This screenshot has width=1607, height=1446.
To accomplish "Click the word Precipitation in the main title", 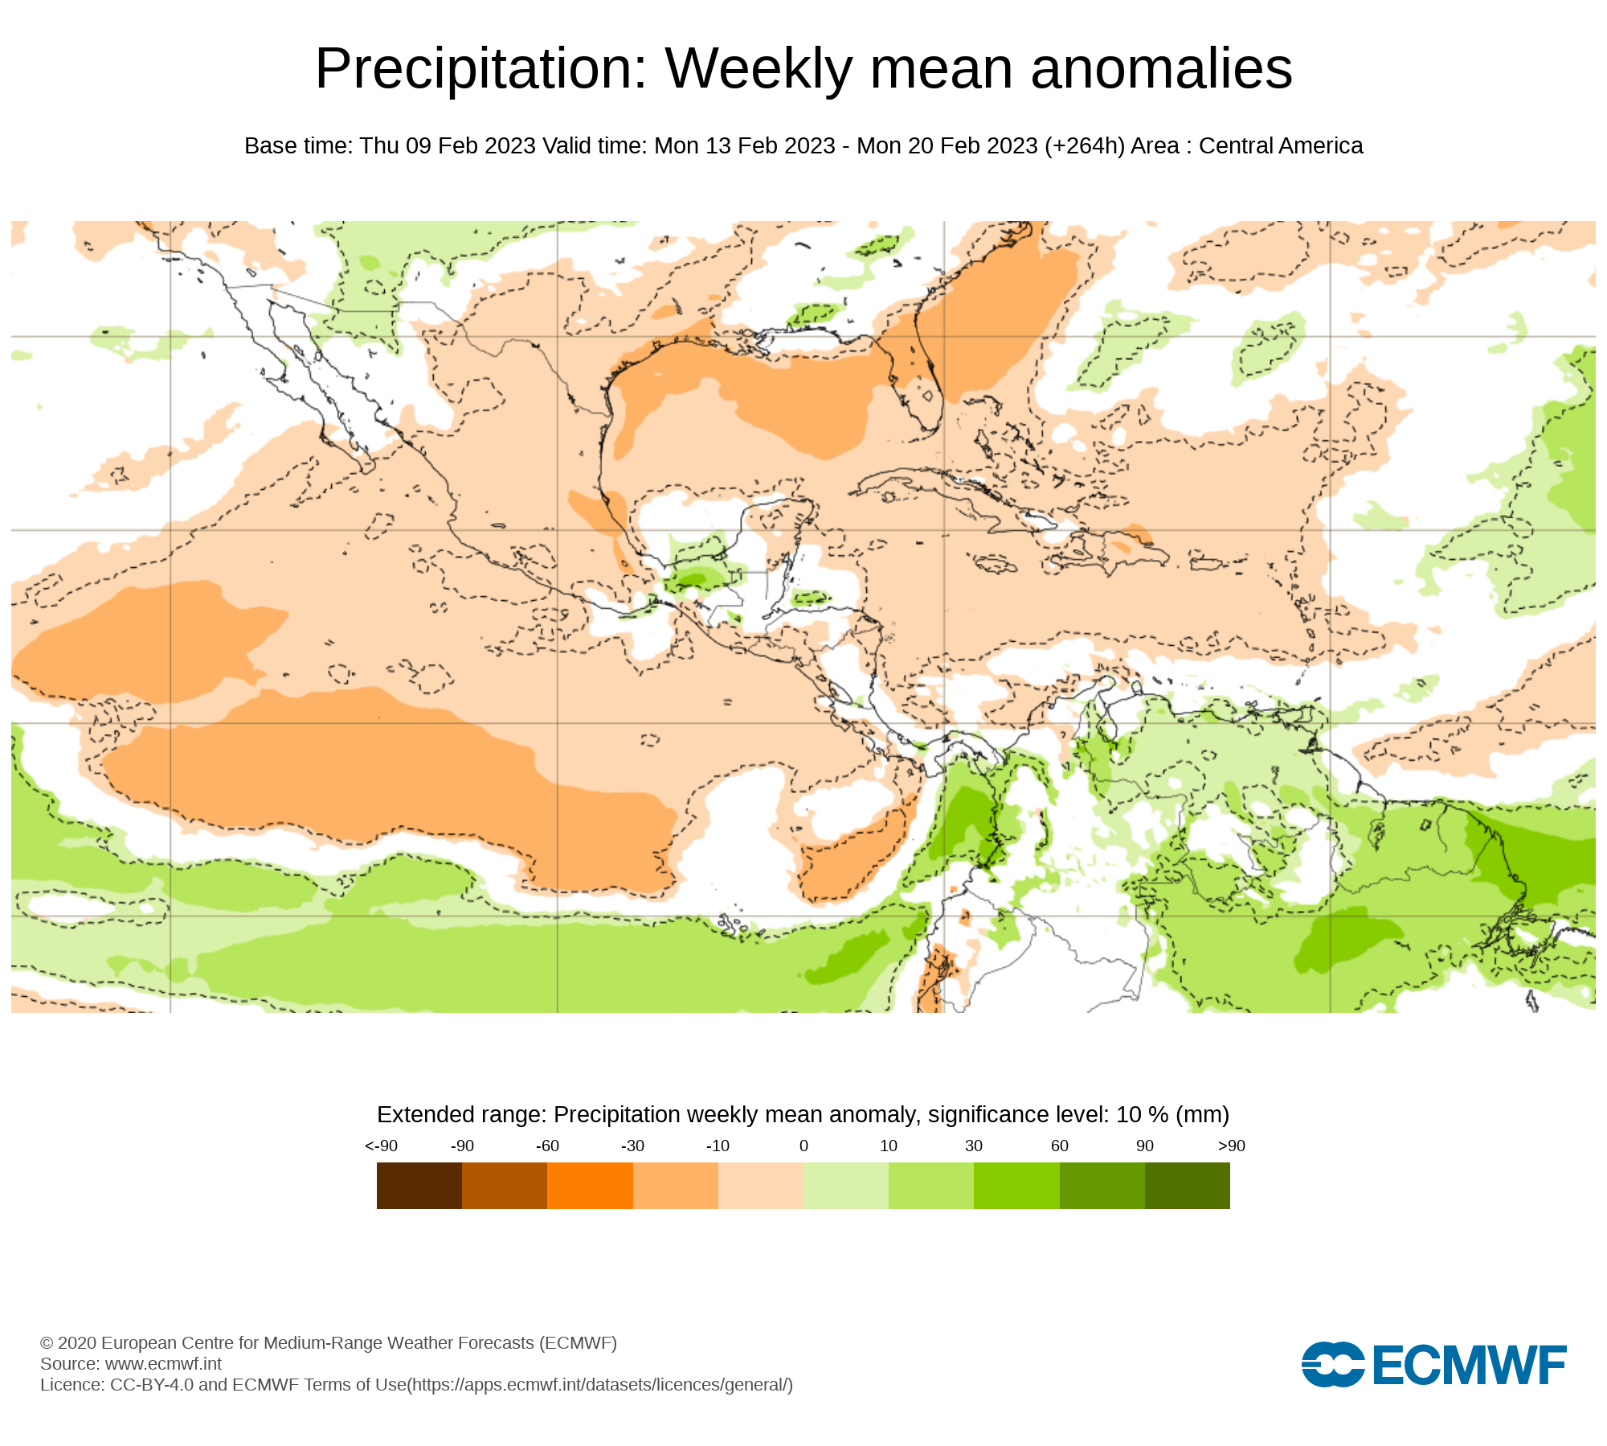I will tap(480, 69).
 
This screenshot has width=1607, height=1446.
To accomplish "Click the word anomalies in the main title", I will tap(1161, 69).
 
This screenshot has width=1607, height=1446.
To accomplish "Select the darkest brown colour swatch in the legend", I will tap(419, 1186).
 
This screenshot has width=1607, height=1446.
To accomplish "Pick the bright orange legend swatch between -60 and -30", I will tap(590, 1186).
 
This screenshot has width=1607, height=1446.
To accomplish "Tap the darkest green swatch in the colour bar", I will tap(1187, 1186).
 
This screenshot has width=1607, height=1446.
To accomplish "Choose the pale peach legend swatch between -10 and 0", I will tap(760, 1186).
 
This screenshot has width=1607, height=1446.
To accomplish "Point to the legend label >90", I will tap(1231, 1146).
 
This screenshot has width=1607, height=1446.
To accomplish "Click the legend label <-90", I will tap(381, 1146).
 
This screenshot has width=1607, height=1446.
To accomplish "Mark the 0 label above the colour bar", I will tap(803, 1146).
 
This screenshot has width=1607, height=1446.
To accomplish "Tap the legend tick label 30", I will tap(974, 1146).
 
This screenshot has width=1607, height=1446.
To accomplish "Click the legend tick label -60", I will tap(547, 1146).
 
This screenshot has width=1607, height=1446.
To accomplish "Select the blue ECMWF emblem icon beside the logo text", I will tap(1332, 1365).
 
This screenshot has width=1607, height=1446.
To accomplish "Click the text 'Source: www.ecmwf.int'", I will tap(131, 1364).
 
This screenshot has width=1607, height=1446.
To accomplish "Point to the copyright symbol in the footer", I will tap(47, 1343).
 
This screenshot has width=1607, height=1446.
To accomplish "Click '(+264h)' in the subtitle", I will tap(1084, 146).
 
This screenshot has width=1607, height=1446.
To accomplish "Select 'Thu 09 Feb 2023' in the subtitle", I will tap(448, 146).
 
